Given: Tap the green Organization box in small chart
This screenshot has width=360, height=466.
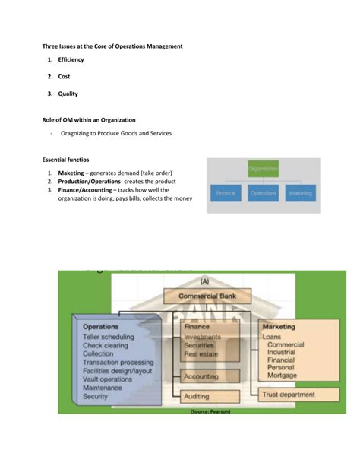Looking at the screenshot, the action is (x=263, y=168).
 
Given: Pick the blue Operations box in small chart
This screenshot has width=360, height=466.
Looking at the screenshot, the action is (x=263, y=193).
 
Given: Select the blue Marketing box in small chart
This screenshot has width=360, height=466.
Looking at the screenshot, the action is (x=299, y=193).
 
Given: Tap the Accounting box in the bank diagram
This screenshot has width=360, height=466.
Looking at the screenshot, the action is (x=201, y=376).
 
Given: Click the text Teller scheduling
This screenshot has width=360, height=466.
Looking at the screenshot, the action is (x=109, y=336).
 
